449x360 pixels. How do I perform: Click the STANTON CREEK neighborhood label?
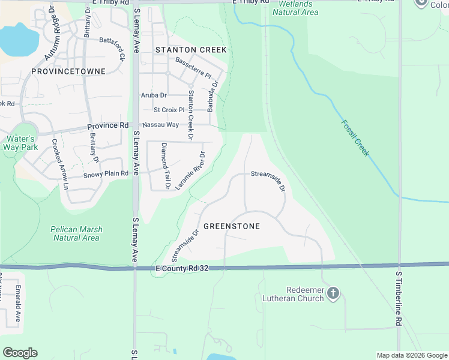click(x=191, y=50)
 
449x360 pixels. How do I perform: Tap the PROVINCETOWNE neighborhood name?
click(x=69, y=71)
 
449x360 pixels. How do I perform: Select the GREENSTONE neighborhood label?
click(x=232, y=226)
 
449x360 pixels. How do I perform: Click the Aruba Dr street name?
click(x=154, y=95)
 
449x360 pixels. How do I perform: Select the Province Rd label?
click(x=108, y=126)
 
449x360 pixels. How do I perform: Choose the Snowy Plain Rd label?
click(x=106, y=173)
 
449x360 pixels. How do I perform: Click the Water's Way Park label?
click(x=20, y=143)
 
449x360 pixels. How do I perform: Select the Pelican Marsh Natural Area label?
click(x=76, y=233)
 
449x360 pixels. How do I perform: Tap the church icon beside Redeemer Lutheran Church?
click(x=333, y=294)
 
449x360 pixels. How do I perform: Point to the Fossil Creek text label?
click(x=354, y=138)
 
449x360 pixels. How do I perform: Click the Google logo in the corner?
click(x=20, y=353)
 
